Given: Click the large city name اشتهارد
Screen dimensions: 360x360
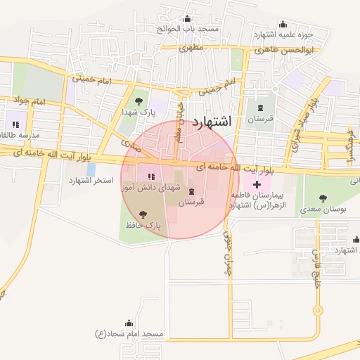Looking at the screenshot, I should click(x=211, y=120).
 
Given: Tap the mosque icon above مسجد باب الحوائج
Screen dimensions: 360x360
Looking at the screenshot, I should click(x=188, y=19).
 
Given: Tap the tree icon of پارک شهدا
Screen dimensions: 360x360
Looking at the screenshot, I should click(x=137, y=101).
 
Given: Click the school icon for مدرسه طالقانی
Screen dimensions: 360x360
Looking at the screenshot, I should click(x=15, y=124).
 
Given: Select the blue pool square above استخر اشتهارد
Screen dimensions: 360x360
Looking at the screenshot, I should click(x=91, y=169).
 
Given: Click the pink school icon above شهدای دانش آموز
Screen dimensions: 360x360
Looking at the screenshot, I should click(x=149, y=175).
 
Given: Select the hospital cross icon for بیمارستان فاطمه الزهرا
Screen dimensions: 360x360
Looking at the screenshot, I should click(x=257, y=184).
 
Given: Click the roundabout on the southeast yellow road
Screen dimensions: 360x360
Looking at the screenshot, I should click(x=318, y=309).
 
